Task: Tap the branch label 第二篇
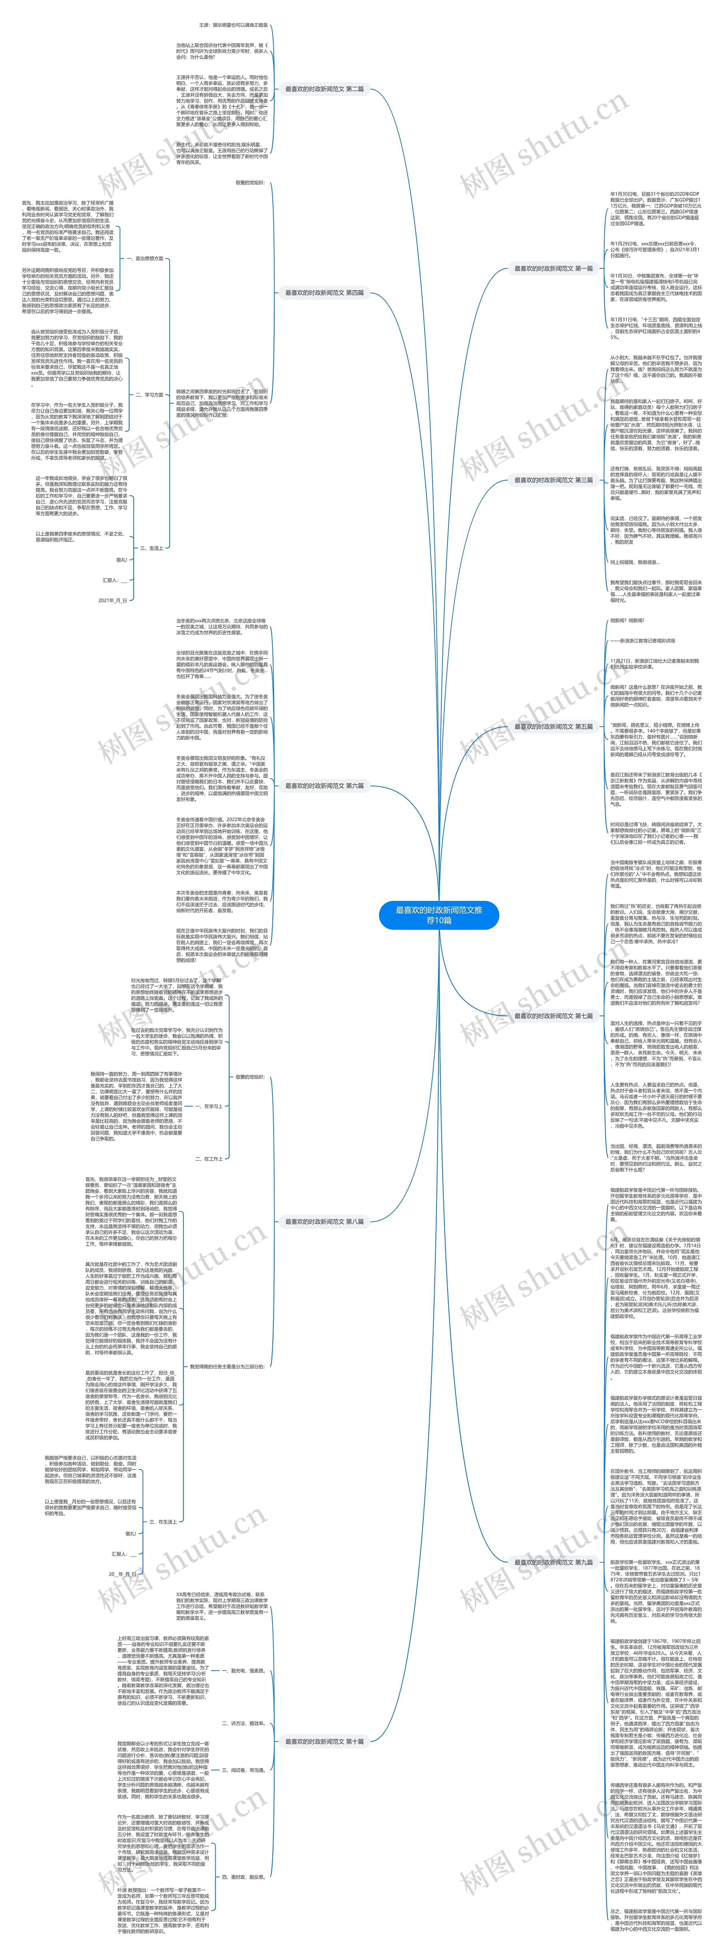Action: pos(324,89)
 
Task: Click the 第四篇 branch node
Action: pos(324,292)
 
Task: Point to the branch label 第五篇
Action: pos(553,727)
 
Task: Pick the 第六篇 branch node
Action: pos(324,786)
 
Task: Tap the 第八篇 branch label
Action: pos(324,1222)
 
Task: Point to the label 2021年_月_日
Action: pos(112,600)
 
